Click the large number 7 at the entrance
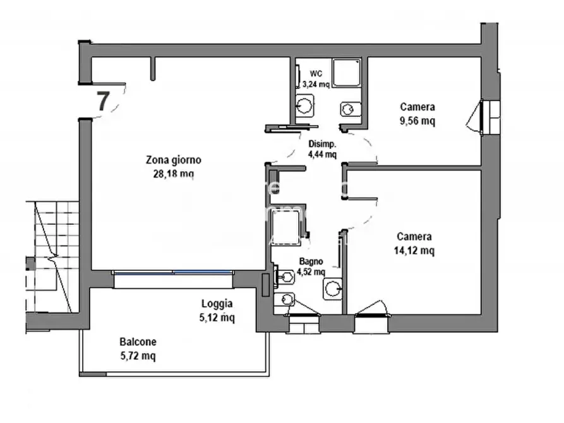click(103, 102)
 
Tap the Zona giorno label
click(174, 160)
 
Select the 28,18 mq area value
click(174, 174)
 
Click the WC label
click(316, 74)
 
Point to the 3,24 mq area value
click(316, 85)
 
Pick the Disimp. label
click(322, 144)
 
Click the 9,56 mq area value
click(417, 121)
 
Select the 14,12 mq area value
click(414, 251)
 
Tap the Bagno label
click(311, 261)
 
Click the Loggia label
click(217, 304)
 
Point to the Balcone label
click(138, 342)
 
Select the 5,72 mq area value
click(138, 356)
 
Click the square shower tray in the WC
click(347, 73)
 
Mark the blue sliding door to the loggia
click(173, 273)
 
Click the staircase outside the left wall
click(52, 257)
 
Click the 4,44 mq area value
click(322, 155)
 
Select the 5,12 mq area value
click(217, 318)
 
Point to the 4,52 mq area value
click(311, 272)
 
